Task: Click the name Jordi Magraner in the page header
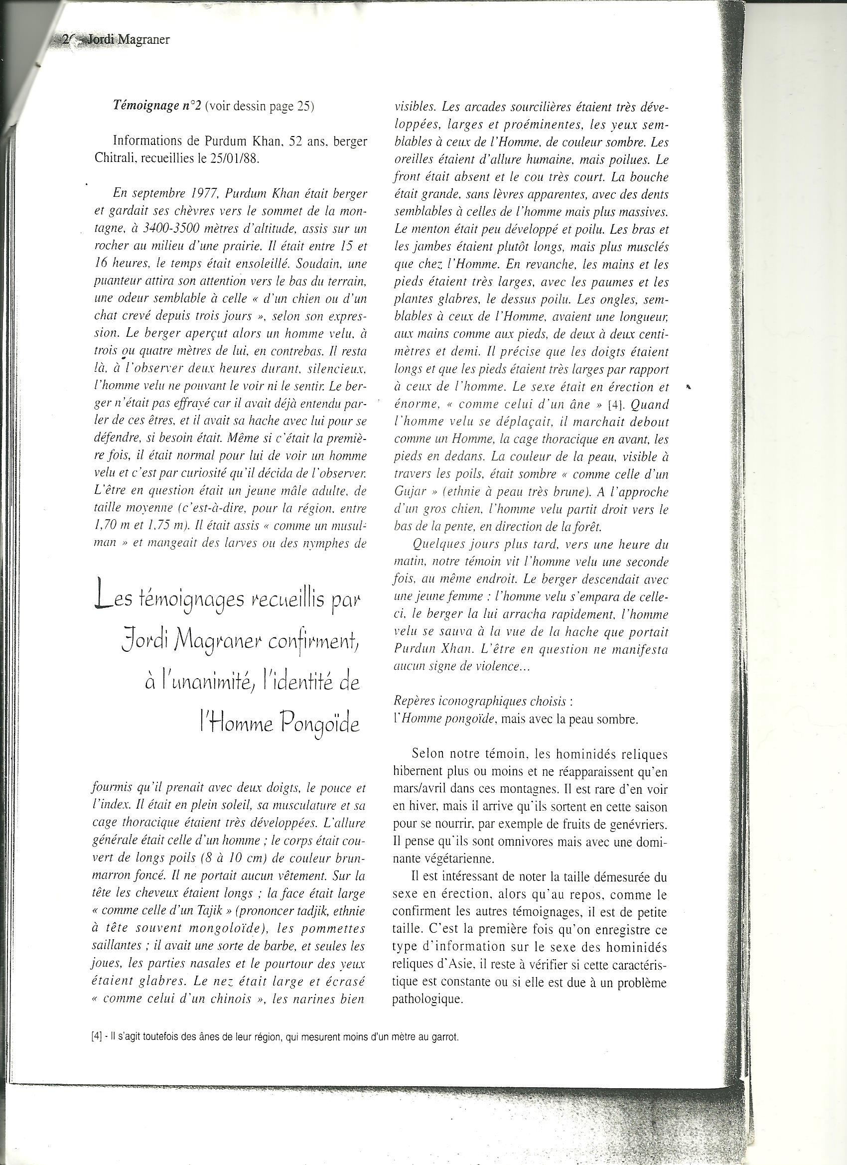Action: (129, 39)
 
